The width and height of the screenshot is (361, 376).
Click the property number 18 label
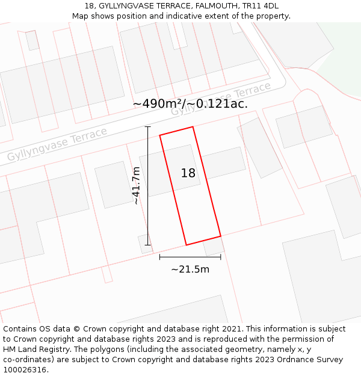[188, 173]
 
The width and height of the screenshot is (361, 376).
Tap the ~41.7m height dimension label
[137, 186]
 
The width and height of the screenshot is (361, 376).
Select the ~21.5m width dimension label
[190, 269]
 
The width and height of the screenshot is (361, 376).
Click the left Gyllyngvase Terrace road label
[57, 144]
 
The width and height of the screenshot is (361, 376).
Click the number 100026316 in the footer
[23, 370]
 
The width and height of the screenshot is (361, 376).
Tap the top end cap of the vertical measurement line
[148, 127]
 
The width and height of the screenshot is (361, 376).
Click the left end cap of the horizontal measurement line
[159, 257]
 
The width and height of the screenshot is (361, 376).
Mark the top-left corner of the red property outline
[160, 135]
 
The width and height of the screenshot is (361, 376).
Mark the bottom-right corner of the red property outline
[220, 236]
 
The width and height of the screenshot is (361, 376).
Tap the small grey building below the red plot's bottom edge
[214, 246]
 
